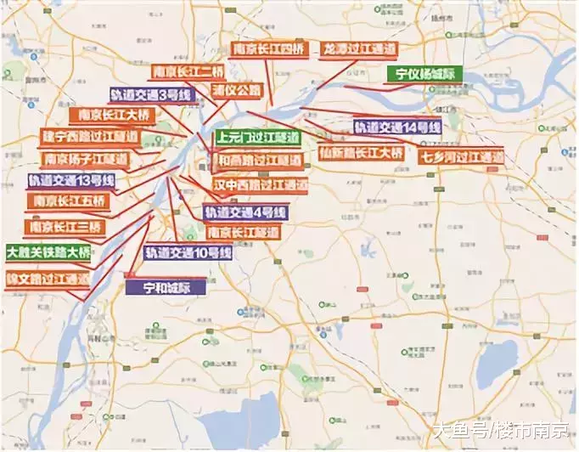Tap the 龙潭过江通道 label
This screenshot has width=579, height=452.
pyautogui.click(x=358, y=49)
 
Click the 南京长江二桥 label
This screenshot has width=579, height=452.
pyautogui.click(x=194, y=72)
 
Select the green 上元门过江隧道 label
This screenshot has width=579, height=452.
pyautogui.click(x=257, y=137)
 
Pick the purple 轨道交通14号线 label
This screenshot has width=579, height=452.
pyautogui.click(x=397, y=127)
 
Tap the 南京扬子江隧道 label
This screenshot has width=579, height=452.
pyautogui.click(x=84, y=159)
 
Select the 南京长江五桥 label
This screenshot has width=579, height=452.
pyautogui.click(x=68, y=201)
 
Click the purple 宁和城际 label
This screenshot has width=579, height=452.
pyautogui.click(x=166, y=287)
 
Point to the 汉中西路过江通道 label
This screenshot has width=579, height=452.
pyautogui.click(x=259, y=184)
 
